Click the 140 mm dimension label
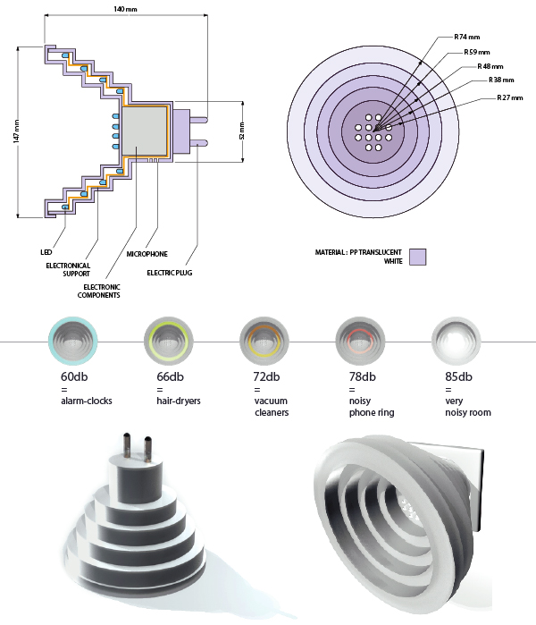click(x=125, y=8)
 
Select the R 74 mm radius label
click(x=465, y=38)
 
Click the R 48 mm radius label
click(x=490, y=66)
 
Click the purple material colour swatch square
click(x=416, y=258)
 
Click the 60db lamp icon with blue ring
click(x=68, y=342)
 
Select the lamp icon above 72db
click(x=262, y=342)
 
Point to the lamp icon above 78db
click(x=357, y=342)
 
